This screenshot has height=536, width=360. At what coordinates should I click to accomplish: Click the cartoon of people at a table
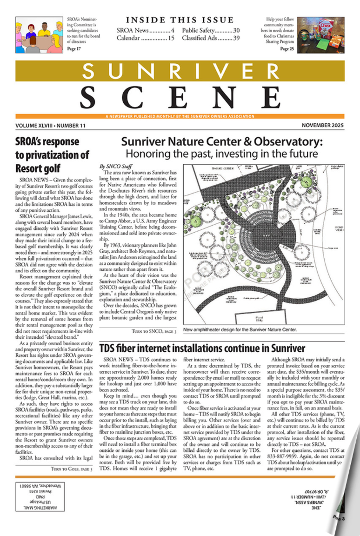[39, 35]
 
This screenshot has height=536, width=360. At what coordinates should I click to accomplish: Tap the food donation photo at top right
[320, 35]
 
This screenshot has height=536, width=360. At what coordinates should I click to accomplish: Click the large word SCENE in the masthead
[180, 96]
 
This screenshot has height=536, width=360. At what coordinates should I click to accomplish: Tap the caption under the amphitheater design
[240, 330]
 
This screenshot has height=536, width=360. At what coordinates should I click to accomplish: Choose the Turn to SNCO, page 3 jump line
[154, 331]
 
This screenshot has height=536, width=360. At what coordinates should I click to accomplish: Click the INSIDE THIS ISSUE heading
[180, 20]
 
